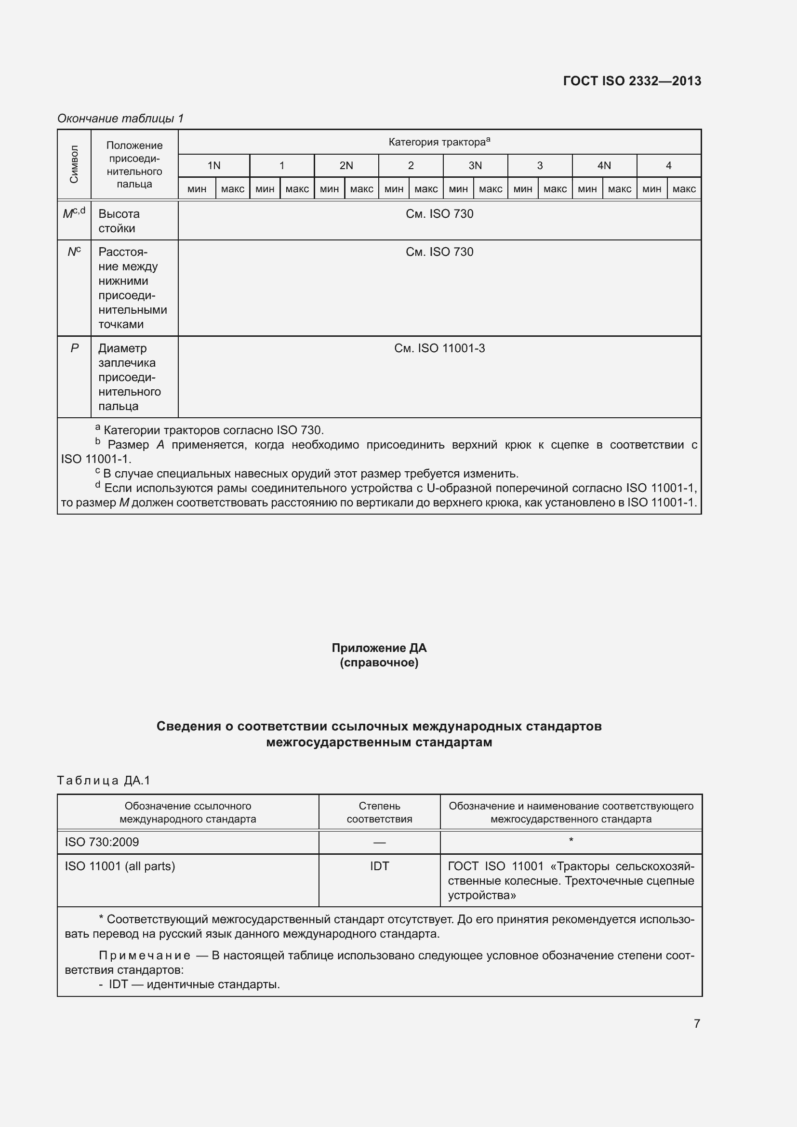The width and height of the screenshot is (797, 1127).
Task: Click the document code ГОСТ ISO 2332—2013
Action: click(632, 81)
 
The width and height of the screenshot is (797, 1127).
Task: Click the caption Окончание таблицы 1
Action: click(120, 119)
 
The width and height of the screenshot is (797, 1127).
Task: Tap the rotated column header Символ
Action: click(74, 164)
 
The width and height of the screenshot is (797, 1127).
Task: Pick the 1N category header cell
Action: click(213, 166)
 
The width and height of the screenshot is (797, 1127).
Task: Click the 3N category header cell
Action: click(475, 166)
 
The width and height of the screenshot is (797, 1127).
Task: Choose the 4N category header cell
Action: click(604, 166)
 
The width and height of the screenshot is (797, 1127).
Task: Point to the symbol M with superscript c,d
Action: click(74, 213)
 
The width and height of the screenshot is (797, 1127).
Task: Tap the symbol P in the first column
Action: click(74, 348)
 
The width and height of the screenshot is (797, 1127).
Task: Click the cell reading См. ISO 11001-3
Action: click(439, 348)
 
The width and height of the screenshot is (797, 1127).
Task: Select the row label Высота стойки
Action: click(119, 221)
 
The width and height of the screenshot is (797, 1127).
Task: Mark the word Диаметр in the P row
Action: click(122, 348)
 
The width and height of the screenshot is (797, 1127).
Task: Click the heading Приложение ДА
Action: click(379, 648)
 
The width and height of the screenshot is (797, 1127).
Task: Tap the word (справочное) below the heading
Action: click(379, 663)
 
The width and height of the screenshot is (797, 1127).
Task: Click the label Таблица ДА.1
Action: click(104, 781)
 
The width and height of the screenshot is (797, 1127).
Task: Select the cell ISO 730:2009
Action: click(102, 842)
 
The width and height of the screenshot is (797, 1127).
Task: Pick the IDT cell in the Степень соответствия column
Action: click(379, 866)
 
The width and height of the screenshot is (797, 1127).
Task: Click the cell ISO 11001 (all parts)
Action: click(120, 866)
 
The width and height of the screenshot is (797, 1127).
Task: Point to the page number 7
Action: click(696, 1023)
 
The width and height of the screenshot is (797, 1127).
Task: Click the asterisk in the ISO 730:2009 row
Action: click(571, 841)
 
